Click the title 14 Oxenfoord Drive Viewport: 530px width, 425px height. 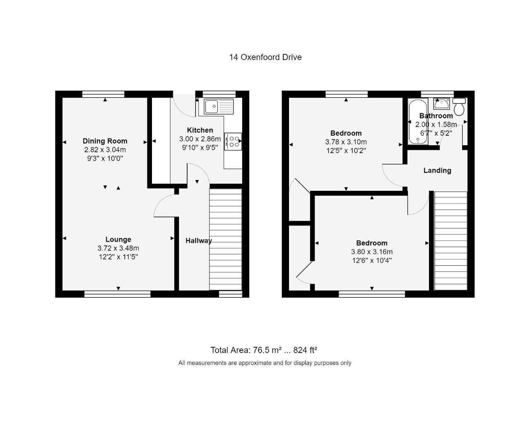[x=265, y=58]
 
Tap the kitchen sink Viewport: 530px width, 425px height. [x=219, y=106]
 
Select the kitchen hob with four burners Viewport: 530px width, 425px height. [x=233, y=141]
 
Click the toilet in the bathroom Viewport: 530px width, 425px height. [x=459, y=108]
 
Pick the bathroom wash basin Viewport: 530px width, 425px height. [x=442, y=103]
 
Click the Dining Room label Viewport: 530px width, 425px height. [x=105, y=141]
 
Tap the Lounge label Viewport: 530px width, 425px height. [x=118, y=240]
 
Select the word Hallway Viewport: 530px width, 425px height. [x=198, y=241]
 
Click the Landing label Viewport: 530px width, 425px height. [x=437, y=170]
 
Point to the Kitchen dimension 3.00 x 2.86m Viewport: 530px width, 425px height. [x=200, y=139]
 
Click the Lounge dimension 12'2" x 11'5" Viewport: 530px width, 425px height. [x=118, y=257]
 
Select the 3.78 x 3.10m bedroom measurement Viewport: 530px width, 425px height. [x=346, y=142]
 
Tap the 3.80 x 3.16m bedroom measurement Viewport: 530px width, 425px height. [x=372, y=252]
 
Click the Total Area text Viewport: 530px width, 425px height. [x=264, y=351]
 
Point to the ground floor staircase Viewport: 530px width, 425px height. [x=226, y=240]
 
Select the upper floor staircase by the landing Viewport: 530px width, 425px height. [x=450, y=240]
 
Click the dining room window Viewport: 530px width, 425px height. [x=103, y=94]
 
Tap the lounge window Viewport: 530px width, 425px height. [x=117, y=294]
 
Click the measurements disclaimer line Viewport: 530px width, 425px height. [x=265, y=363]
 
